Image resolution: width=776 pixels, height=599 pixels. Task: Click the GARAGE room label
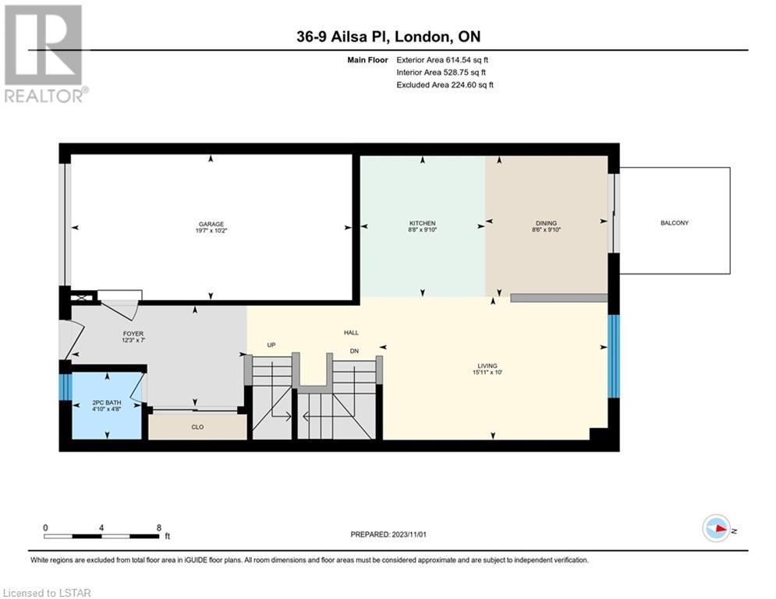211,224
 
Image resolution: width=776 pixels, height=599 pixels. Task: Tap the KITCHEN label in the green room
422,223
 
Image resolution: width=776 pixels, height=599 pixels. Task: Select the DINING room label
547,223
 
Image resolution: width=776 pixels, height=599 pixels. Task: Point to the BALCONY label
675,223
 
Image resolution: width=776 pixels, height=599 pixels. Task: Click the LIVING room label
487,366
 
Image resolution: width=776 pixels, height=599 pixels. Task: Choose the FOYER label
133,334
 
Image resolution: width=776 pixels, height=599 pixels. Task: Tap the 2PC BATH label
106,402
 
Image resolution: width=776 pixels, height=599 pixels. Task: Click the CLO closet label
197,427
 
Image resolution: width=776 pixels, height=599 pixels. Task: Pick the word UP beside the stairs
271,345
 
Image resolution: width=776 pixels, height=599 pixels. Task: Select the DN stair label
354,351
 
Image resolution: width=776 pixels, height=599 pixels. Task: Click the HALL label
352,333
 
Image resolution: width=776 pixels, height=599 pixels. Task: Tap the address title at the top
388,37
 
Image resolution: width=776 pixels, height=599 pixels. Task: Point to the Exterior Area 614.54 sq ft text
442,60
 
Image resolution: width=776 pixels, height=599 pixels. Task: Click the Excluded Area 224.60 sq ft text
445,85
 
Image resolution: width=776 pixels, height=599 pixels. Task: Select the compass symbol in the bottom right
717,528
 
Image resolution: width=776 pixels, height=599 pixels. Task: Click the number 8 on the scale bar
159,528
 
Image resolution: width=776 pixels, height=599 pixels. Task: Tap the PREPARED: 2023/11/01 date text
388,534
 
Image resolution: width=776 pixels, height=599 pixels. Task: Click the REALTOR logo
45,54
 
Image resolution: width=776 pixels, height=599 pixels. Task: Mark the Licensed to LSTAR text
47,593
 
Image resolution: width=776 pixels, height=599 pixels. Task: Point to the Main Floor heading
367,60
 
